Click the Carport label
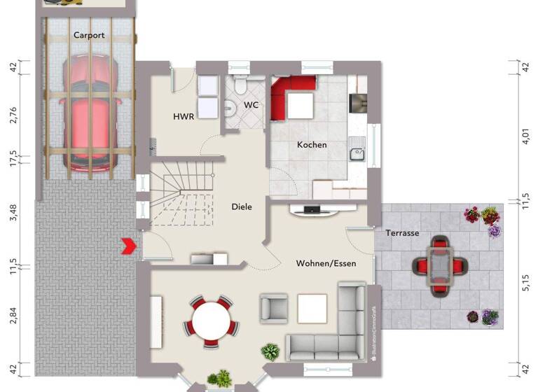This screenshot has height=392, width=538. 89,35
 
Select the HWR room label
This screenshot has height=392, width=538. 184,117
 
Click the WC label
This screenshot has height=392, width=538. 251,106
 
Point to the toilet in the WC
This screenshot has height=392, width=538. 240,86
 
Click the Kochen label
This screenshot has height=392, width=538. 312,145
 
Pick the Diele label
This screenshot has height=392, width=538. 242,206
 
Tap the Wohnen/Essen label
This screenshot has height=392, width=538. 326,263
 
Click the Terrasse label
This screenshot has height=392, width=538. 402,232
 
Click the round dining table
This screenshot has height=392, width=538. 211,321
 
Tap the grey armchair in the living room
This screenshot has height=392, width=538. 274,307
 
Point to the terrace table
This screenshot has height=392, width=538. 439,265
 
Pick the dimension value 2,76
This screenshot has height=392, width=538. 13,113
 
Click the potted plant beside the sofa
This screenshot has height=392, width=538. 270,350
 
